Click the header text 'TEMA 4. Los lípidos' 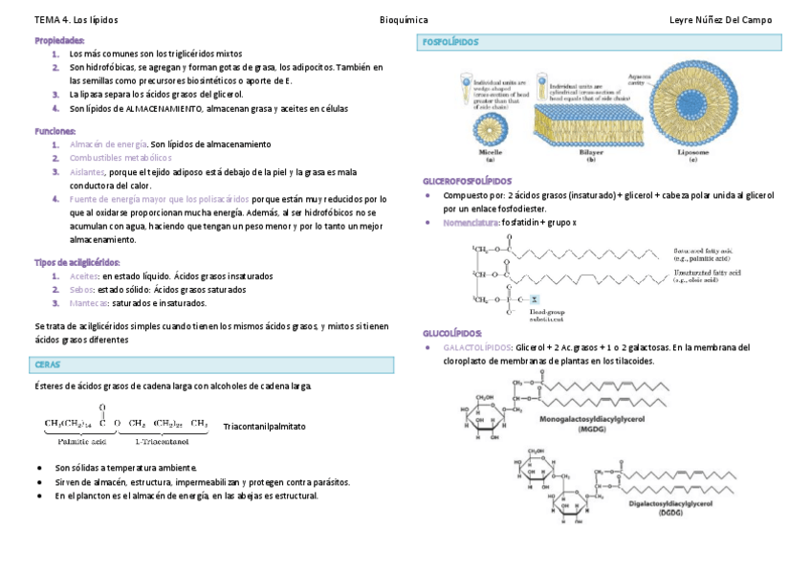click(x=77, y=19)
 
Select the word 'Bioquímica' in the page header click(x=404, y=19)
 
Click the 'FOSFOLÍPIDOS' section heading click(x=450, y=43)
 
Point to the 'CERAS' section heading click(x=48, y=364)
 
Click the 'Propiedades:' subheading click(x=59, y=41)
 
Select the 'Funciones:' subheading click(x=55, y=131)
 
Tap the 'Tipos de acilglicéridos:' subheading click(x=77, y=262)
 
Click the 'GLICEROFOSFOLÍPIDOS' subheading click(x=467, y=181)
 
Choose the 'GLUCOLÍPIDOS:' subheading click(x=454, y=333)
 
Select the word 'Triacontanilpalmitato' click(x=264, y=426)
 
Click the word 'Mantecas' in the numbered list click(x=89, y=303)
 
